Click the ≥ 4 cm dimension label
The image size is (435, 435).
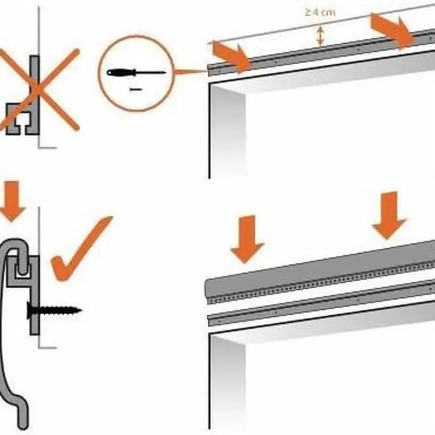click(x=320, y=13)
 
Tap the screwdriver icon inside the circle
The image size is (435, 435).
click(x=136, y=72)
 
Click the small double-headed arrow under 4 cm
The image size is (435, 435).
click(x=320, y=36)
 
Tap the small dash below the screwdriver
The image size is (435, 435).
click(x=135, y=89)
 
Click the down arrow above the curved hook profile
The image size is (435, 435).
click(x=12, y=201)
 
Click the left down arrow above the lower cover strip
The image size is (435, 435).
click(x=247, y=239)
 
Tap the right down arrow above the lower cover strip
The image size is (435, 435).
click(x=389, y=215)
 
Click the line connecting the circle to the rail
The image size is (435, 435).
click(x=191, y=72)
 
